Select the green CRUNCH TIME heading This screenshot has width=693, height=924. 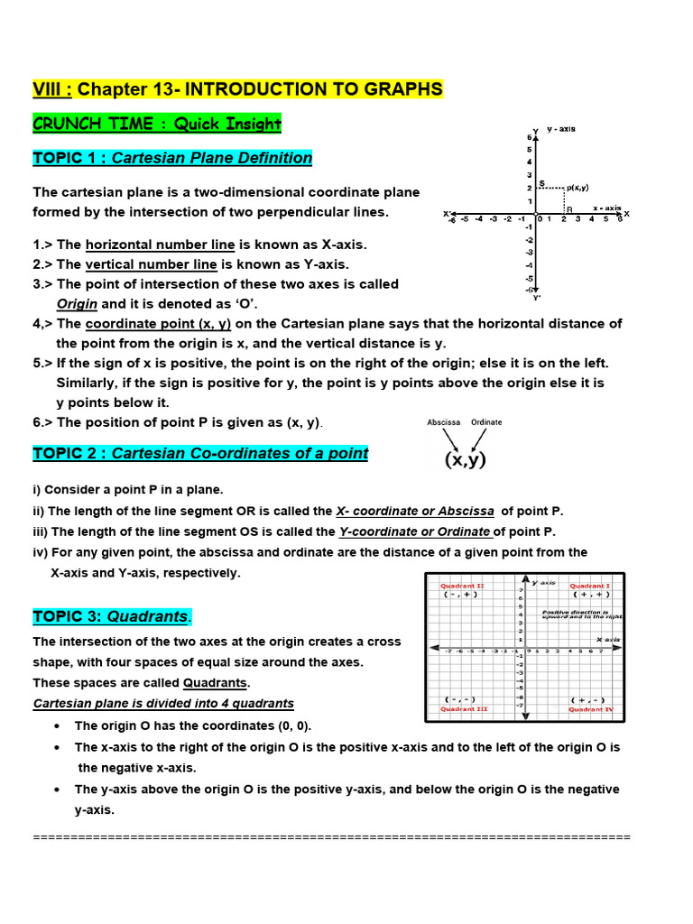157,124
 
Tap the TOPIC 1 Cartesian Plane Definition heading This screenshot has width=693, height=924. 172,158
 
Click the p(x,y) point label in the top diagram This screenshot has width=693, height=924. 577,188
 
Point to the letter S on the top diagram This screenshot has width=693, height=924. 541,183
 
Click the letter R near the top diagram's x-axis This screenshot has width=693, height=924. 569,209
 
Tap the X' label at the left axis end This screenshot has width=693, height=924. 447,214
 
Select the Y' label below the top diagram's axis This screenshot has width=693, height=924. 538,297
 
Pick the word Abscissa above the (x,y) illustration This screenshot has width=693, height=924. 444,422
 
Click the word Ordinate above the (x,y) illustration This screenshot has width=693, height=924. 486,422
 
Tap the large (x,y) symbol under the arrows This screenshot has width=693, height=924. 465,459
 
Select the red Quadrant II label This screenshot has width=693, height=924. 463,586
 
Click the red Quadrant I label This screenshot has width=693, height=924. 590,586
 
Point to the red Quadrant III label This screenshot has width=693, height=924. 464,709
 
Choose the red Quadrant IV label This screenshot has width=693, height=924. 591,709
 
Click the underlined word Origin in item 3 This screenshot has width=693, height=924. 77,304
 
